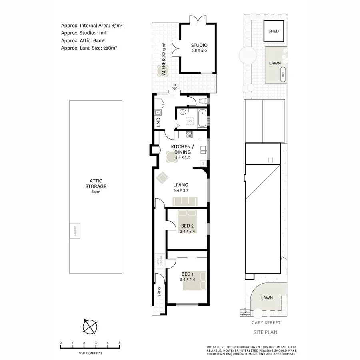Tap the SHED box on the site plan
click(x=274, y=31)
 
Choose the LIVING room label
click(x=181, y=185)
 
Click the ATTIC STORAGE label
click(x=96, y=186)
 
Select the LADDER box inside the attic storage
click(x=75, y=231)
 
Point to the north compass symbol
click(x=90, y=327)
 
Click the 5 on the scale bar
click(x=120, y=343)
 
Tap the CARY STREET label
click(x=266, y=323)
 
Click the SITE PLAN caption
click(x=266, y=332)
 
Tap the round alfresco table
click(x=162, y=71)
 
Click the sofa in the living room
click(x=185, y=202)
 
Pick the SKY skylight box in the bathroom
click(x=190, y=121)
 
